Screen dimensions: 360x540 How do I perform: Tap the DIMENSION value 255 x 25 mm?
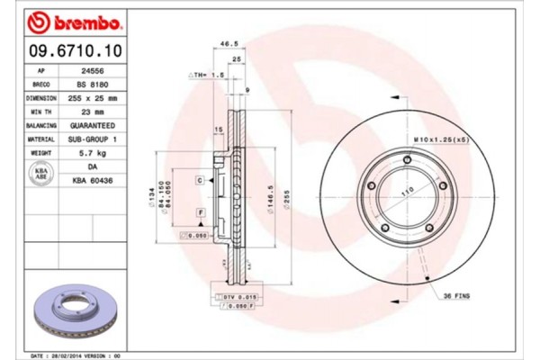coord(94,96)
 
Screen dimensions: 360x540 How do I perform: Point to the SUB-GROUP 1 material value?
coord(94,139)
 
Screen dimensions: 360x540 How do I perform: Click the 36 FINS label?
coord(455,295)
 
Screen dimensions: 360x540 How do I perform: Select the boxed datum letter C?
coord(200,181)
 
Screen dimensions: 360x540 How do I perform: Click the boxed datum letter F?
coord(200,211)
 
